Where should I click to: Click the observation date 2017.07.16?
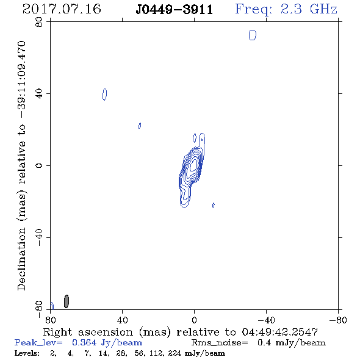(x=62, y=9)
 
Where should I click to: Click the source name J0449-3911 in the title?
(x=175, y=10)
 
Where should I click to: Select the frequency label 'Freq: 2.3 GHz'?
(x=286, y=10)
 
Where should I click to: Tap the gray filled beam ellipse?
(x=67, y=301)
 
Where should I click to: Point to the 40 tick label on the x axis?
(x=123, y=320)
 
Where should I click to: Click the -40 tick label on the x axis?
(x=266, y=320)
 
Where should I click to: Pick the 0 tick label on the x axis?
(x=194, y=320)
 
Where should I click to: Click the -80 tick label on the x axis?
(x=338, y=320)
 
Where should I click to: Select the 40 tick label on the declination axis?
(x=39, y=94)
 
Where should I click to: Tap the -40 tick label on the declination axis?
(x=39, y=237)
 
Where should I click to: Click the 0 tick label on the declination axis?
(x=39, y=165)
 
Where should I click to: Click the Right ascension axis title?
(x=181, y=332)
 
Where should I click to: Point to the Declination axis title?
(x=21, y=165)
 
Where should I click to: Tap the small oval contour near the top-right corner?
(x=253, y=35)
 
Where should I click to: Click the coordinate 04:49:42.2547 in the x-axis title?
(x=280, y=332)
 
